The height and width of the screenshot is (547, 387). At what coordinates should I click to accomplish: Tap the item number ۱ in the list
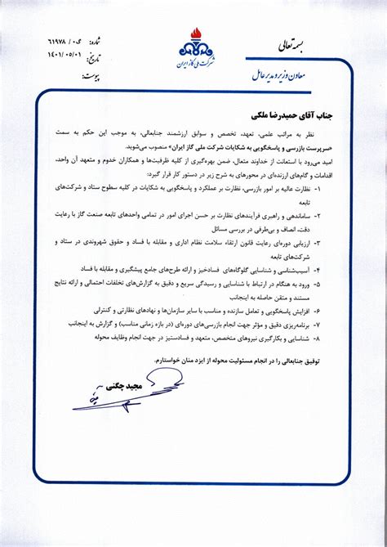(318, 187)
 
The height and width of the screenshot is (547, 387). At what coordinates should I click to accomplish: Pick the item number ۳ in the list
(318, 242)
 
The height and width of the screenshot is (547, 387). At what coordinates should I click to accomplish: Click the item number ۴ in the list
(318, 268)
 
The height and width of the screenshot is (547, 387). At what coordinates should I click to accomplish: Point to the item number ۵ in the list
(318, 283)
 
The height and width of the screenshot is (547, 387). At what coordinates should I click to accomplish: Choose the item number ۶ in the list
(318, 312)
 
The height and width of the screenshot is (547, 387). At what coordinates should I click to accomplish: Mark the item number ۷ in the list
(318, 324)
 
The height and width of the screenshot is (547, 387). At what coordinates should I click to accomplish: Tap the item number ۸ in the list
(318, 336)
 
